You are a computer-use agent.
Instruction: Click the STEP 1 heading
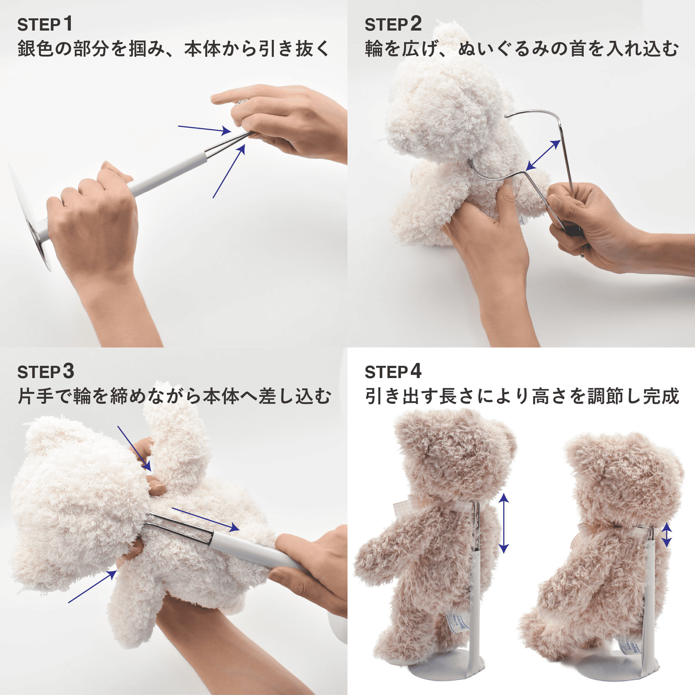tap(45, 24)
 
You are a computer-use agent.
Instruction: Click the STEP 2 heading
tap(393, 24)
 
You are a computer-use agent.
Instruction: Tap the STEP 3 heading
tap(46, 372)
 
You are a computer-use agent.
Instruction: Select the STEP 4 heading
tap(393, 372)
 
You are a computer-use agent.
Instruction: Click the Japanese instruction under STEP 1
tap(173, 49)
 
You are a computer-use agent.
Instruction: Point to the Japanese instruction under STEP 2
tap(522, 49)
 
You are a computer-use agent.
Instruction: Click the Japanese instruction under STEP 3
tap(174, 396)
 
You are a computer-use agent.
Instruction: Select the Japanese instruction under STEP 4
tap(522, 396)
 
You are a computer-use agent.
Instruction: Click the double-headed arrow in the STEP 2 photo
tap(543, 155)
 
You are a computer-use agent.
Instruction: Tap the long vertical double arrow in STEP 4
tap(504, 523)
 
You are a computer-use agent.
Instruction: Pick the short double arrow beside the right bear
tap(667, 535)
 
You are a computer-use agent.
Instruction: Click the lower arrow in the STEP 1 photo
tap(229, 171)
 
